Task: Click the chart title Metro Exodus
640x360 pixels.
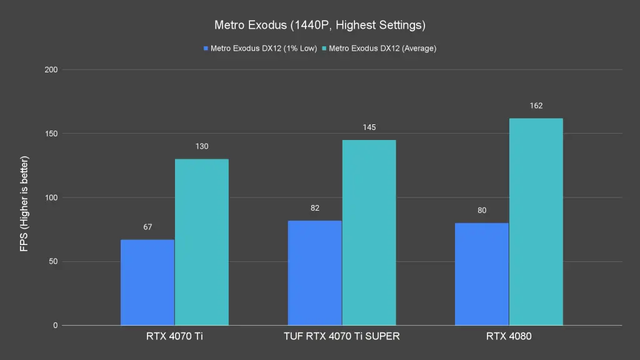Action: click(319, 26)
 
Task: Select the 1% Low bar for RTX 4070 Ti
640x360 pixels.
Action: click(147, 282)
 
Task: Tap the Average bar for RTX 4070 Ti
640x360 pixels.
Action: click(201, 242)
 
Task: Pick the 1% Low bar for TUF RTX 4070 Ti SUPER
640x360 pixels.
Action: click(314, 273)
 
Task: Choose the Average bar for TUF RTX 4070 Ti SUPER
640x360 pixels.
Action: click(369, 232)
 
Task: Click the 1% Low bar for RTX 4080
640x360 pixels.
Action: click(481, 274)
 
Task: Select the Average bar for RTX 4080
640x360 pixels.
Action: click(536, 222)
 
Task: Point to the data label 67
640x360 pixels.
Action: click(147, 227)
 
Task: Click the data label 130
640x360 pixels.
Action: click(201, 146)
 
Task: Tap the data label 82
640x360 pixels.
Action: click(314, 207)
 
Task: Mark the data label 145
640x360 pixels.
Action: click(369, 127)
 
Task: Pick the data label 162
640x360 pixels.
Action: click(536, 106)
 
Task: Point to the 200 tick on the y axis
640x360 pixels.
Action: click(51, 69)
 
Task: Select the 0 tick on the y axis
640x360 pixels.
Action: click(55, 326)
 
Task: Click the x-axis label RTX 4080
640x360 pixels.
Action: click(509, 337)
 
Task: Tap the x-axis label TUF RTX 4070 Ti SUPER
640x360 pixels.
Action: click(341, 337)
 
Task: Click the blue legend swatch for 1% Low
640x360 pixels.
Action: click(205, 48)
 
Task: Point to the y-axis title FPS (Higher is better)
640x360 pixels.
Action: click(24, 204)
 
